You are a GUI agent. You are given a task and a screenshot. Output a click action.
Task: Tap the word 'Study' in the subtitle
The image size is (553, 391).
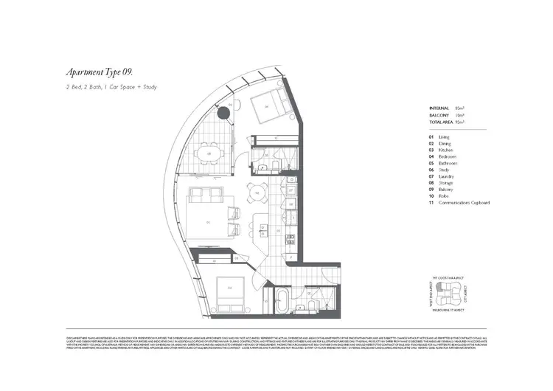[147, 88]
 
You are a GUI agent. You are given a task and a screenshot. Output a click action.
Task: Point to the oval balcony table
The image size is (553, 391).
[209, 154]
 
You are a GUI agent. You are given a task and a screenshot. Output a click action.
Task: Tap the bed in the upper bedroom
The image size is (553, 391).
[265, 109]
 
